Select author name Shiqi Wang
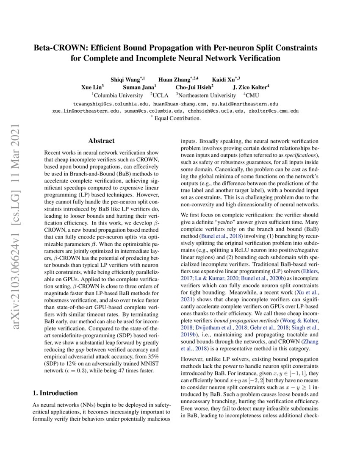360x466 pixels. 126,79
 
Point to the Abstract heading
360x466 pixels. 101,141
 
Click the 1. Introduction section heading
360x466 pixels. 55,393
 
